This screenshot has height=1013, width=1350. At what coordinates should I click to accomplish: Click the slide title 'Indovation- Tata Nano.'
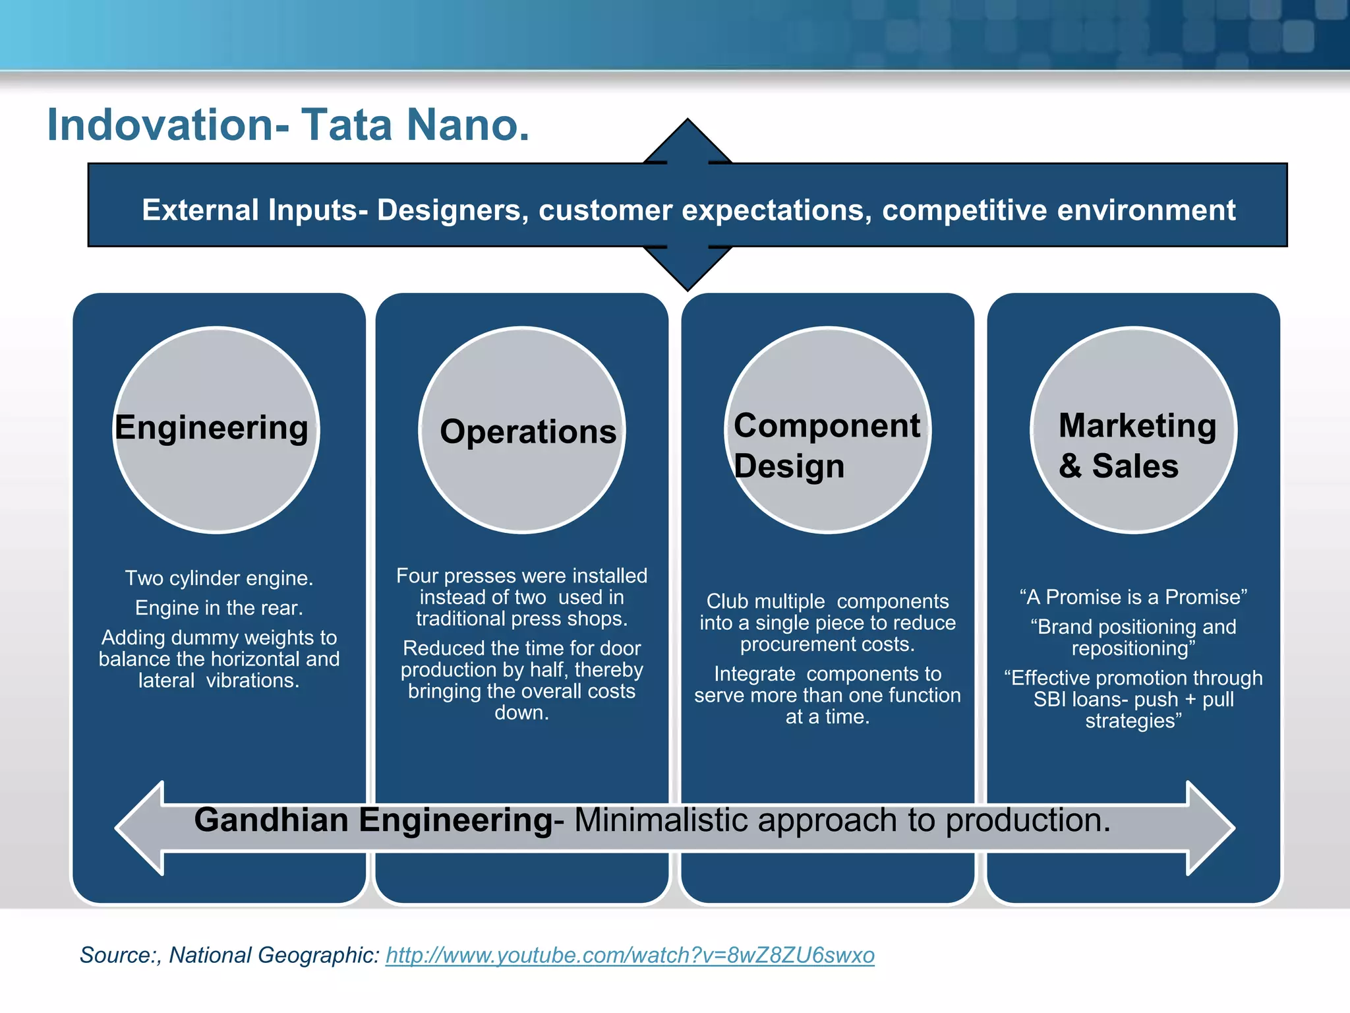[288, 125]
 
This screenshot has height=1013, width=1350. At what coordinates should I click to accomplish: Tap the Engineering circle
[216, 430]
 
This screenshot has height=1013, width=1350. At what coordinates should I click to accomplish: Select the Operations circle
[522, 430]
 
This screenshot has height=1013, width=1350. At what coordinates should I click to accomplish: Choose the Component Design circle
[828, 430]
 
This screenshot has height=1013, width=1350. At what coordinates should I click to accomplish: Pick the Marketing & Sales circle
[1134, 430]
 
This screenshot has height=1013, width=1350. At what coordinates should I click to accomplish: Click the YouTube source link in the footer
[630, 955]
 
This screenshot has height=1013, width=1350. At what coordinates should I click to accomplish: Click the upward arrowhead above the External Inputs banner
[688, 140]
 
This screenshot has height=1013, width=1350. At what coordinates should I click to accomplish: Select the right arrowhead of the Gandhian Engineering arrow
[1210, 828]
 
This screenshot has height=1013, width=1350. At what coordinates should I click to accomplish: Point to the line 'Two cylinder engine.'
[219, 578]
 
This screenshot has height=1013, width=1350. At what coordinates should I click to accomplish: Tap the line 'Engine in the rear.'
[219, 608]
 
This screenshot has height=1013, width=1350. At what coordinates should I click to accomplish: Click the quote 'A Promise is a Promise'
[1133, 597]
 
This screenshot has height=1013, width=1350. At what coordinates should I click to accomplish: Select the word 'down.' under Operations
[521, 713]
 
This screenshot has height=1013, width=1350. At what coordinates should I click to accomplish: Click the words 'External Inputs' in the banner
[254, 210]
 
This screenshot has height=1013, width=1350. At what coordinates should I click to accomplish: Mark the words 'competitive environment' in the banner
[1058, 210]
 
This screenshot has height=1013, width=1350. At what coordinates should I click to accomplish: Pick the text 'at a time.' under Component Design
[827, 717]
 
